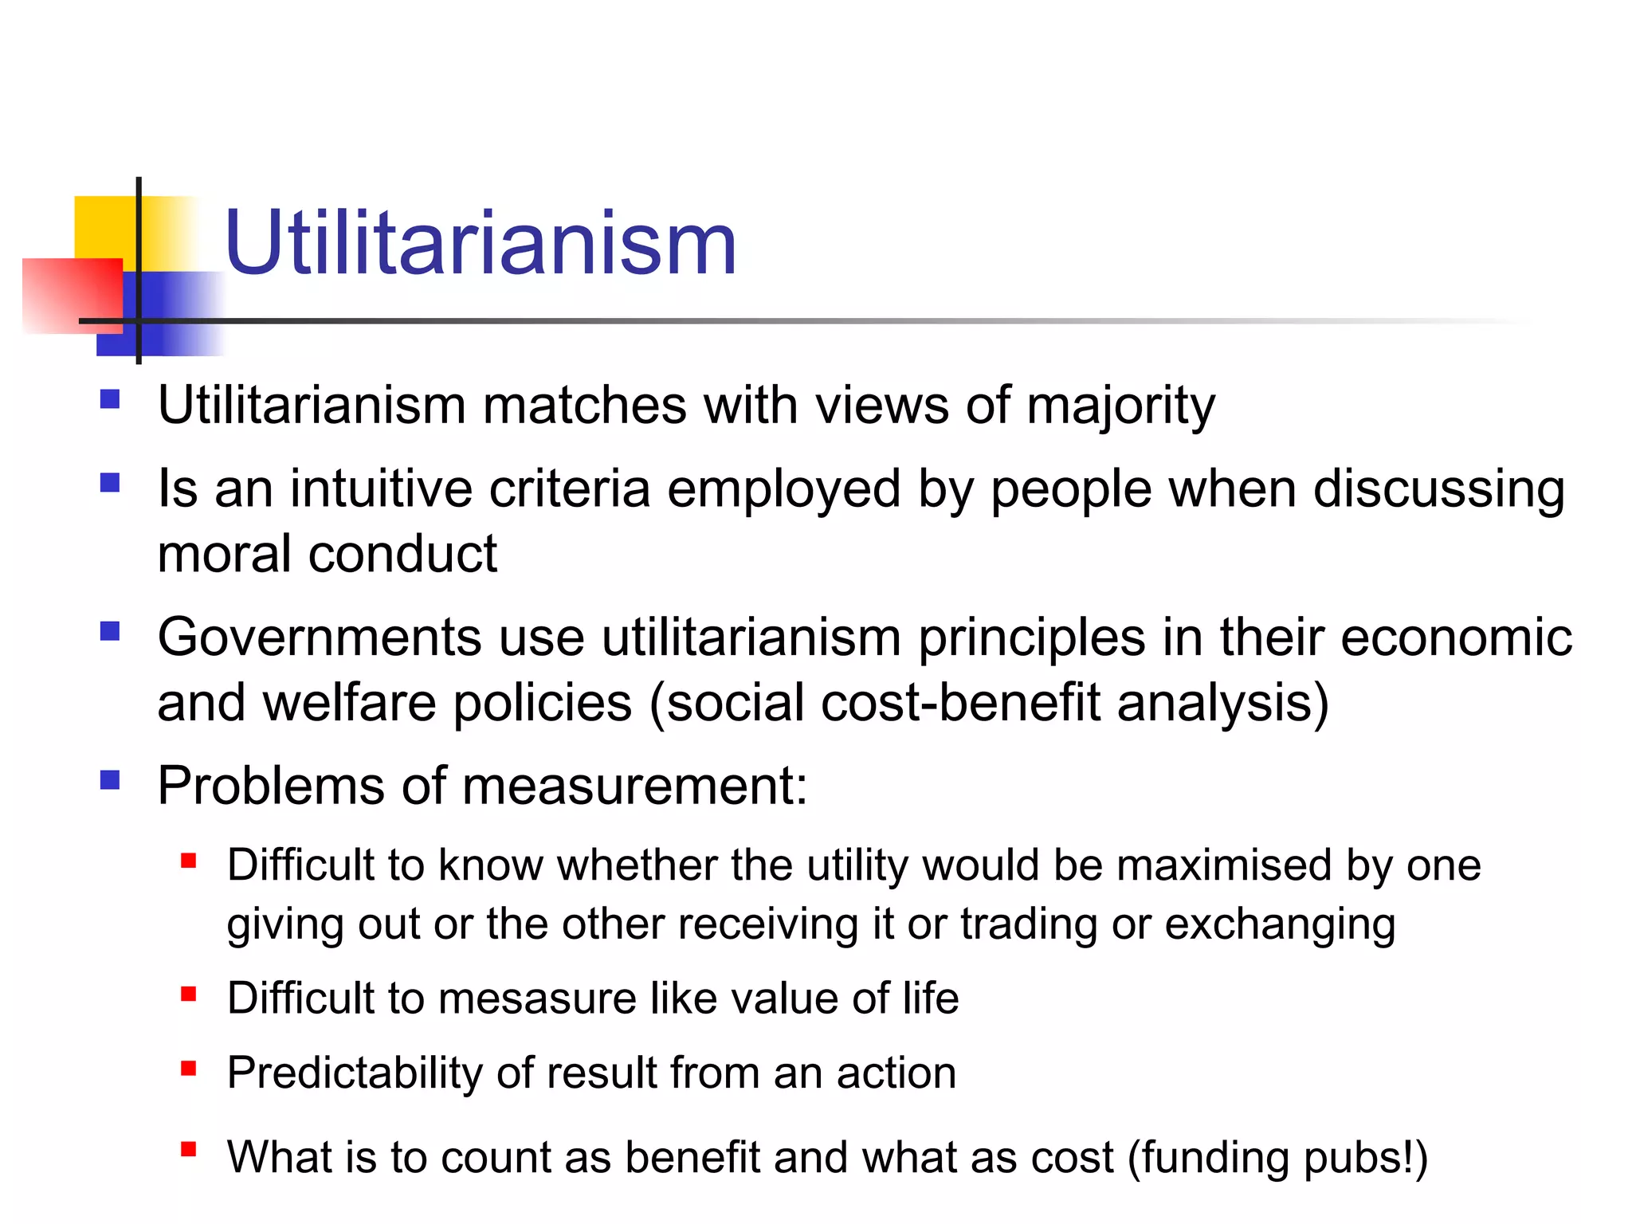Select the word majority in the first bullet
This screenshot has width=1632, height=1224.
click(x=1120, y=406)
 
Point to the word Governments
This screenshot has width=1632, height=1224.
click(x=320, y=637)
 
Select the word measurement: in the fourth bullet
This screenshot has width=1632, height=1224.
click(x=635, y=786)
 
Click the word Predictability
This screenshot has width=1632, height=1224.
click(x=355, y=1073)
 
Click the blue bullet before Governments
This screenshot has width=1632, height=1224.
click(x=110, y=632)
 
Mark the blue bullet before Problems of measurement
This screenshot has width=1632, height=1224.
click(x=110, y=779)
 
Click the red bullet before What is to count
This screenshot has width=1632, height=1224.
click(x=189, y=1149)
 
